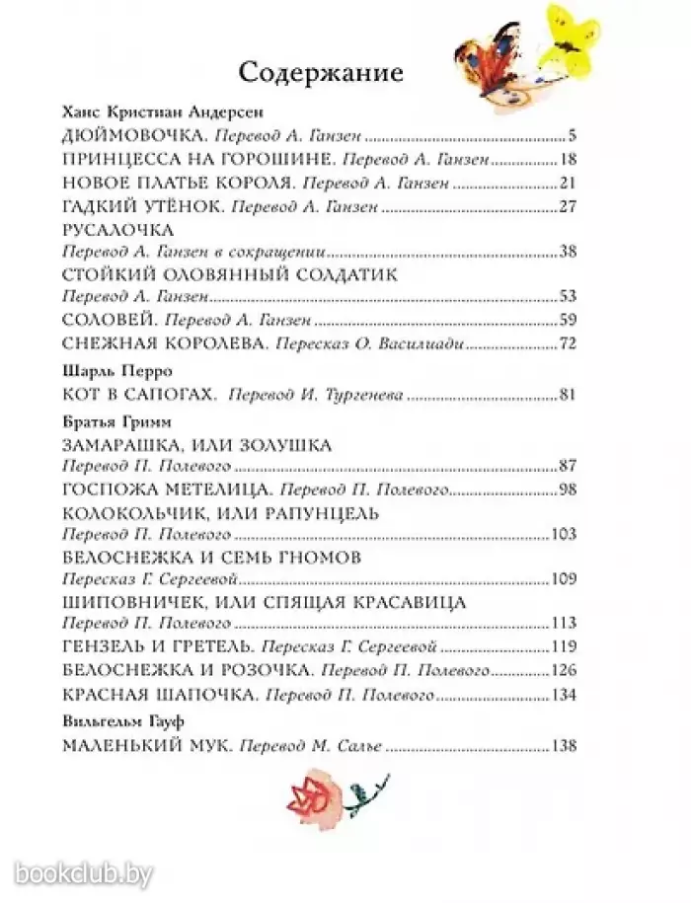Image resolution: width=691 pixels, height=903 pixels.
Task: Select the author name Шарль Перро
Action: pos(103,370)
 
